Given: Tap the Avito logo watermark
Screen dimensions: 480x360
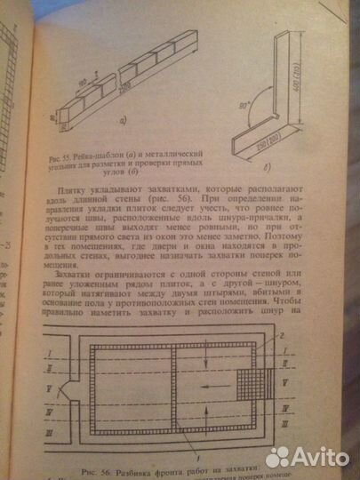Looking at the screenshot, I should (308, 455).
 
